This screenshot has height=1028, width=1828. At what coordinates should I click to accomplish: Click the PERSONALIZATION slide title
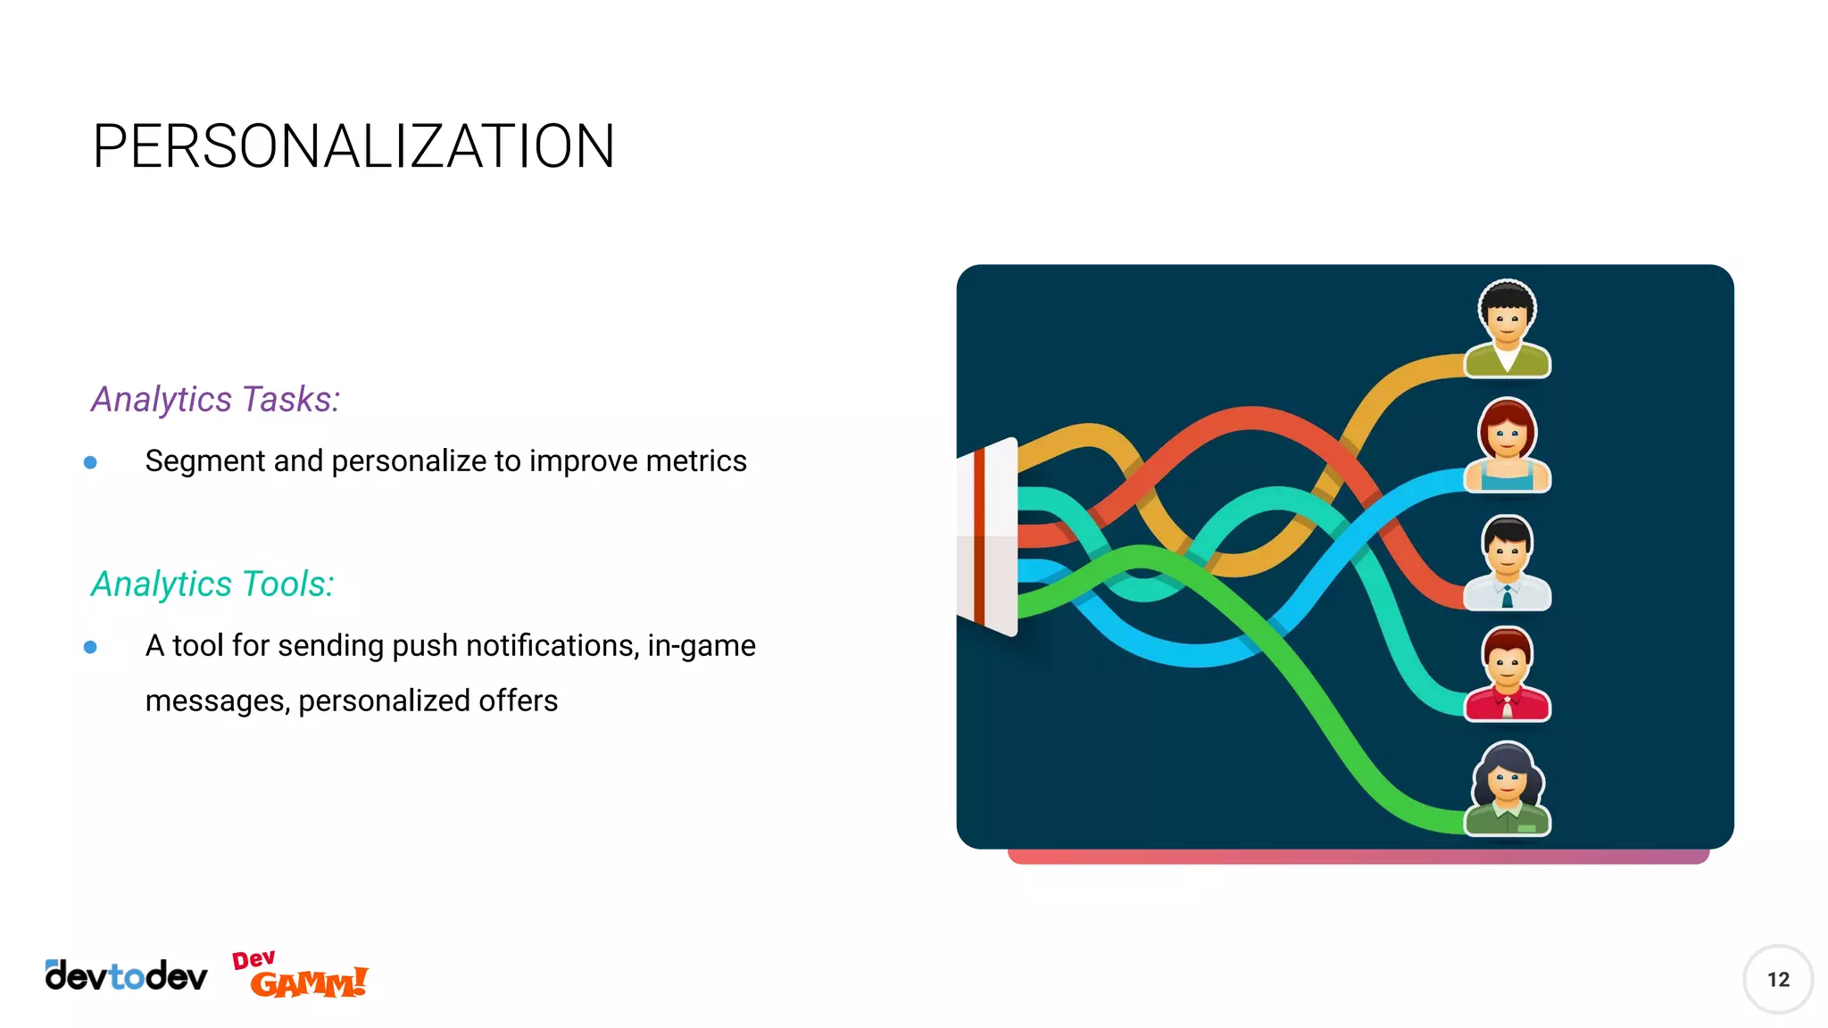point(353,146)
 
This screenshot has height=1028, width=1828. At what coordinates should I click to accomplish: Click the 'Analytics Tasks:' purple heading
point(215,399)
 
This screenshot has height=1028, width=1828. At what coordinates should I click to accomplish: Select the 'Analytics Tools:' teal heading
point(212,584)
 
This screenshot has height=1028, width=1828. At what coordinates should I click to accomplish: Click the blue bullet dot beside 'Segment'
point(90,462)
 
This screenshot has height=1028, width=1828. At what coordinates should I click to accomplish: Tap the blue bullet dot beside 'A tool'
point(90,647)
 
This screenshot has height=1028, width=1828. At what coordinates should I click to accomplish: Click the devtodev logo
point(126,976)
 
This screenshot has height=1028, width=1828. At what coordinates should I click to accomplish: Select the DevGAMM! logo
point(300,974)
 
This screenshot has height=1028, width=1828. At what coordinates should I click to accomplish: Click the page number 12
point(1777,979)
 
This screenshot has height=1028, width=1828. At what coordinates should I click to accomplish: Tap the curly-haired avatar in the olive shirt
point(1507,328)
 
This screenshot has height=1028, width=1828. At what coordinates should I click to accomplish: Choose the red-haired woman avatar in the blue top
point(1507,444)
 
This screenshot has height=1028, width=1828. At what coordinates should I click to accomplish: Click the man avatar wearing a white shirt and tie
point(1507,562)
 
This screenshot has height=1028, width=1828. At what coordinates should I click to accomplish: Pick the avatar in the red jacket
point(1507,675)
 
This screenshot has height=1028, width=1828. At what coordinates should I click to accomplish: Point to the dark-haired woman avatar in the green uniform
point(1507,789)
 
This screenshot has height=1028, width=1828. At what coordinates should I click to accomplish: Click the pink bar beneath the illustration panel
point(1357,857)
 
